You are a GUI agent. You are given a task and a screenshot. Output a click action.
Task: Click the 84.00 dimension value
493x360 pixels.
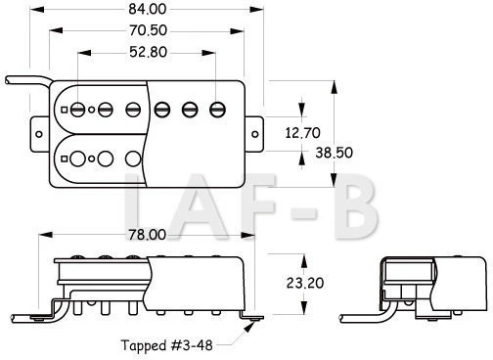point(148,9)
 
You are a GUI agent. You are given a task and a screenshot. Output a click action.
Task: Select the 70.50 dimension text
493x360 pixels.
point(148,30)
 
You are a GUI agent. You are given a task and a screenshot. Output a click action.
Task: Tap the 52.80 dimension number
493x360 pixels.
point(148,52)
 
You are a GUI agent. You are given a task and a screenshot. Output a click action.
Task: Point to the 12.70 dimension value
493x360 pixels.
point(302,133)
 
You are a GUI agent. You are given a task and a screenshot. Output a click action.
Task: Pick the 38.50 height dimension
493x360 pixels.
point(334,153)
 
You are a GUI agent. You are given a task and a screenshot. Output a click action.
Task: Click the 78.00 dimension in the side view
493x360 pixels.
point(147,235)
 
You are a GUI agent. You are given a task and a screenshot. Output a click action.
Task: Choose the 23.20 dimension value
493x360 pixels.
point(305,283)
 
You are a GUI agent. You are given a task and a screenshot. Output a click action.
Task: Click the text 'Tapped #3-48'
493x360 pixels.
point(166,345)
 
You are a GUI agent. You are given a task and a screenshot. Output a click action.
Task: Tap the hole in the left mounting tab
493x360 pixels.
point(39,134)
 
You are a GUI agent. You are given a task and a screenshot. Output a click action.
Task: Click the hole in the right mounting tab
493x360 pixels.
point(255,134)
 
